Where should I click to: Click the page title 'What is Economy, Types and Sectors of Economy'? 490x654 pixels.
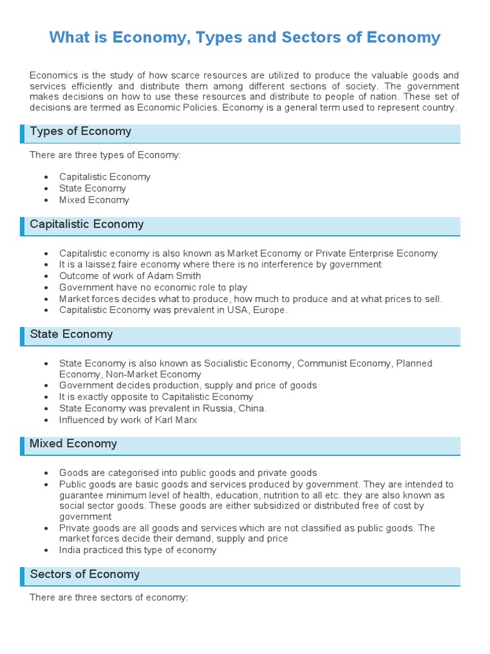pos(244,37)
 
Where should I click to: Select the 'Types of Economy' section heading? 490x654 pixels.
pos(80,132)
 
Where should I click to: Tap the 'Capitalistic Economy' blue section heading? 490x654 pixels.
pos(87,225)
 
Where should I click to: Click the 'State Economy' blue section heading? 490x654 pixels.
pos(71,335)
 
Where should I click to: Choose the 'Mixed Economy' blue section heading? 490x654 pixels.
pos(73,444)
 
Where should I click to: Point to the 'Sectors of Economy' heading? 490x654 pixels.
pos(84,575)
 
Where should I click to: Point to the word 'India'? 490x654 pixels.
pos(71,550)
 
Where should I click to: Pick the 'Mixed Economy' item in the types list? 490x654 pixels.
pos(94,200)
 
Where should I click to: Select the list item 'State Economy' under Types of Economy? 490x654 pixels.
pos(93,188)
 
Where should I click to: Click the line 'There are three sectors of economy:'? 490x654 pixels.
pos(108,598)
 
